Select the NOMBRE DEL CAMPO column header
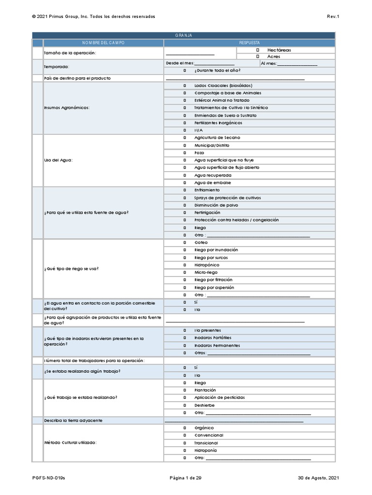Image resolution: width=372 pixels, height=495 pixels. tap(103, 43)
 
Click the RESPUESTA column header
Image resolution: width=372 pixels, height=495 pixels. tap(249, 43)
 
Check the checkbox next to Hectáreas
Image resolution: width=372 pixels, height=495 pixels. tap(258, 50)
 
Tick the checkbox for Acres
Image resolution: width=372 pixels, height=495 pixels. tap(258, 57)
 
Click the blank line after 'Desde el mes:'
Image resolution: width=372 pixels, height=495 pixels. tap(214, 63)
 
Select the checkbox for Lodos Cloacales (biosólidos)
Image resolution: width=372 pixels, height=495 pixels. tap(185, 86)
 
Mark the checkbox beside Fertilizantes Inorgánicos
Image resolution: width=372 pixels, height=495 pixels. tap(185, 123)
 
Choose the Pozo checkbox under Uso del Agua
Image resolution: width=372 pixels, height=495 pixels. tap(185, 153)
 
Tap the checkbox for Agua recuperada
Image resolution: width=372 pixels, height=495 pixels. tap(185, 175)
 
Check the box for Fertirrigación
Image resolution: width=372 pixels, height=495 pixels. tap(185, 213)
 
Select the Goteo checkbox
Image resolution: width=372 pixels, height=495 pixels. tap(185, 243)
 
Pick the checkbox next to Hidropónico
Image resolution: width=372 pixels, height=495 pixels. tap(185, 265)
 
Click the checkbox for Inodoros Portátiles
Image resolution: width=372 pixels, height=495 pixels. tap(185, 337)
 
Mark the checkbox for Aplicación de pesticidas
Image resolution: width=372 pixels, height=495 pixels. tap(185, 397)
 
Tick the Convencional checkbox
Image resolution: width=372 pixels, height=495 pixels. tap(185, 435)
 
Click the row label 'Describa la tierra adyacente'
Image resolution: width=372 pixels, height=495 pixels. tap(73, 420)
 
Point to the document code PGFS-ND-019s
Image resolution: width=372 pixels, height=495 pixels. tap(48, 478)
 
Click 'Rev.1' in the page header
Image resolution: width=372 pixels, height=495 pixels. tap(333, 16)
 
